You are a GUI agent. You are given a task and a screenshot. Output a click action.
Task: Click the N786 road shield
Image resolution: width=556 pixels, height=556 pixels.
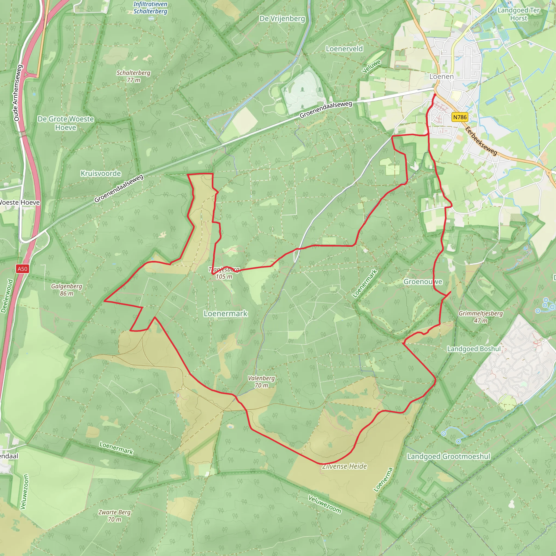(460, 117)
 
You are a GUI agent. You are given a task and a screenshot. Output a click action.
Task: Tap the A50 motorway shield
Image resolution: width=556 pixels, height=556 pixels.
(23, 269)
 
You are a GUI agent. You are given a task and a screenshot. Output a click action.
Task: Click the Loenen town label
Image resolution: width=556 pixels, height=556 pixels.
(441, 77)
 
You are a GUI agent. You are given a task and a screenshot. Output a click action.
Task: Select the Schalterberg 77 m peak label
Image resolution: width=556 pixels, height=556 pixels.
(133, 76)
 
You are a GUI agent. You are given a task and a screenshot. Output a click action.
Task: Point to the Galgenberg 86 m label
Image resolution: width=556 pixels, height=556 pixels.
(67, 289)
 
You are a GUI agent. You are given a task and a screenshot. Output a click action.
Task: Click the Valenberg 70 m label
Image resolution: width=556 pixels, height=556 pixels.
(261, 382)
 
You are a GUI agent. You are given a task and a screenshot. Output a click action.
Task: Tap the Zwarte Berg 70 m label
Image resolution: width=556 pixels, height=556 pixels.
(115, 516)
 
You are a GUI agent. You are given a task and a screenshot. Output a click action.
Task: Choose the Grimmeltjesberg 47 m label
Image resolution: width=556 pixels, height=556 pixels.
(481, 317)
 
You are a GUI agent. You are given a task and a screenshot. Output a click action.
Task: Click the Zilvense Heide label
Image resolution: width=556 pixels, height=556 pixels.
(345, 466)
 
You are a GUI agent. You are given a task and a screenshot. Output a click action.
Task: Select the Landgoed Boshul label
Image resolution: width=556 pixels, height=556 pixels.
(474, 349)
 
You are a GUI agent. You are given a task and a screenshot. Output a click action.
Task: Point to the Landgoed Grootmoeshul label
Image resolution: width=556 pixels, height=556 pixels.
(448, 456)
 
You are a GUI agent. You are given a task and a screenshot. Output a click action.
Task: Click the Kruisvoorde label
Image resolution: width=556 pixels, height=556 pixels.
(101, 173)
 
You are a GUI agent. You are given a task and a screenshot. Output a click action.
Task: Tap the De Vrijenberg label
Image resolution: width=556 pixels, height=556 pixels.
(282, 19)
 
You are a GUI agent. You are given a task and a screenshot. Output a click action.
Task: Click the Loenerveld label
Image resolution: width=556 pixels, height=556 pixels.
(344, 49)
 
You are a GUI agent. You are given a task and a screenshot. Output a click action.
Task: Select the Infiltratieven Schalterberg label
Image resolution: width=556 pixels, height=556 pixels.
(150, 8)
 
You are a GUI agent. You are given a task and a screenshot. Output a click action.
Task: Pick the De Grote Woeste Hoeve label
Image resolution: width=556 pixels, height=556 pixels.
(66, 123)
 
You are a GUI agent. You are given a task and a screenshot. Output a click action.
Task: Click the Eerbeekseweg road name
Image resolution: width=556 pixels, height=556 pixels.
(481, 141)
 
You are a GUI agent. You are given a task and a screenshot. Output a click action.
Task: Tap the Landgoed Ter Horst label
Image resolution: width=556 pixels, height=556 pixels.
(519, 14)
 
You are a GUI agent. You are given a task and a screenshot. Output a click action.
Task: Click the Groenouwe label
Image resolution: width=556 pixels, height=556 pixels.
(423, 282)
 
